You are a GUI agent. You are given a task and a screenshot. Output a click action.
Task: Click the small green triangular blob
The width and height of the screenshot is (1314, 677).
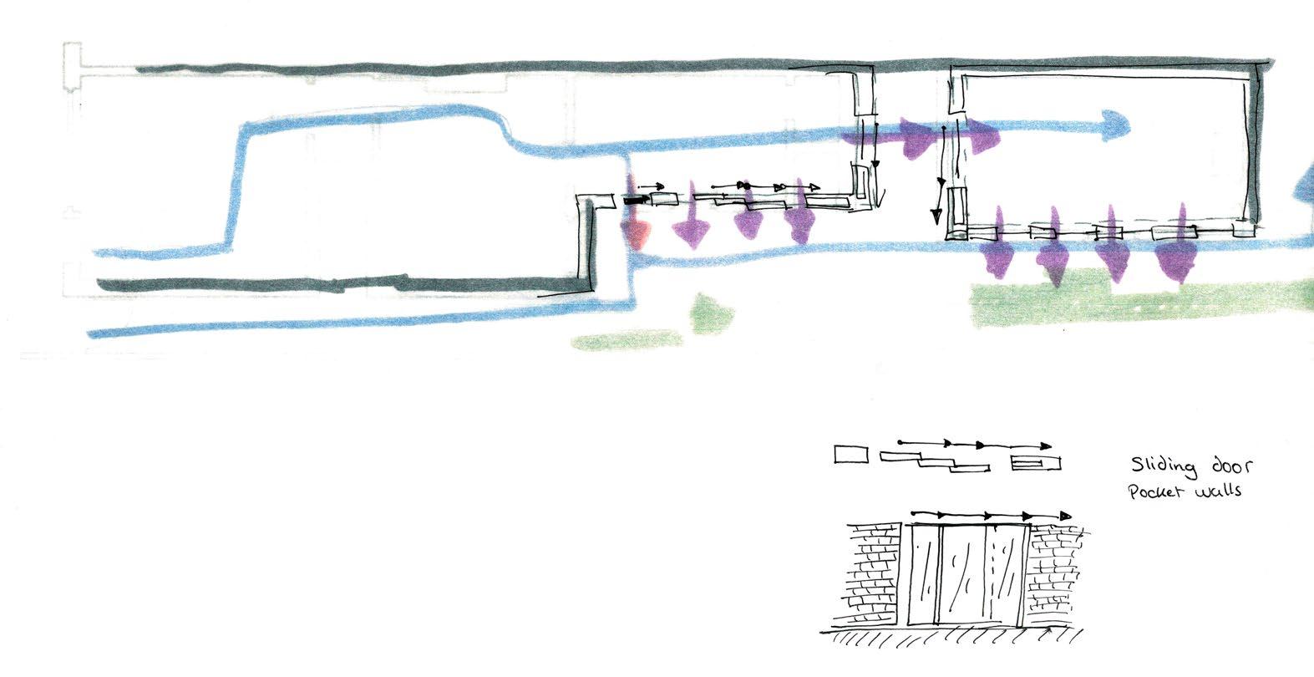tap(710, 313)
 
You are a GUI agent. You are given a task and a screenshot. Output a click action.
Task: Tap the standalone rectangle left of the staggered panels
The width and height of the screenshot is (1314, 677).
tap(851, 455)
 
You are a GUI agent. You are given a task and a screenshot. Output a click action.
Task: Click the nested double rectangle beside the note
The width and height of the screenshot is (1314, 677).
tap(1036, 462)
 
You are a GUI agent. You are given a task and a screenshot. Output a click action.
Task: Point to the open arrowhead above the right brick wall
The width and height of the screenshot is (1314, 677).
tap(1064, 517)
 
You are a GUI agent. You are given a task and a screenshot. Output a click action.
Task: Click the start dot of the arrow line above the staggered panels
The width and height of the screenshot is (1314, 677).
tap(900, 441)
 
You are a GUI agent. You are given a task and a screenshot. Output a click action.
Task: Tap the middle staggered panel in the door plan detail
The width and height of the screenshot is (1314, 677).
tap(936, 463)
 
